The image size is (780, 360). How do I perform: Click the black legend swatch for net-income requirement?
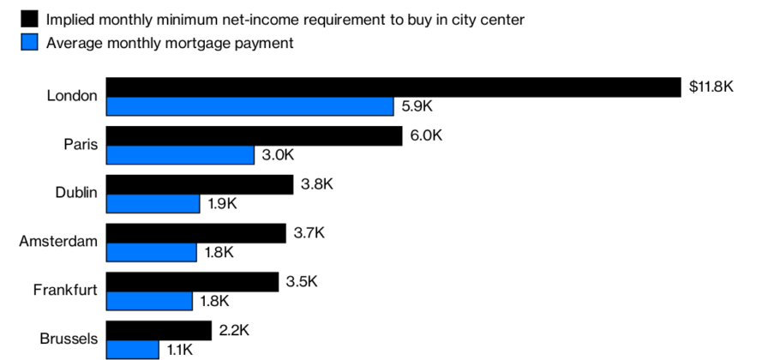[x=29, y=19]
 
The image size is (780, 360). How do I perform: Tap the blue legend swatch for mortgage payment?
[x=29, y=42]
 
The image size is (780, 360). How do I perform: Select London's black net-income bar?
[x=393, y=87]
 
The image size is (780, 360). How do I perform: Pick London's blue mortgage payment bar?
[x=249, y=106]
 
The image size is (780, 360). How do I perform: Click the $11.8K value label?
[x=711, y=87]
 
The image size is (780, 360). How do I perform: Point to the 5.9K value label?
[x=417, y=106]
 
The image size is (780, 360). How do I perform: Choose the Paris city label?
[x=81, y=144]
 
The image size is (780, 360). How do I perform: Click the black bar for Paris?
[x=255, y=135]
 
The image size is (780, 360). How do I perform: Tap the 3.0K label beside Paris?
[x=278, y=154]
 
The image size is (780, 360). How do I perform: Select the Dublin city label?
[x=76, y=193]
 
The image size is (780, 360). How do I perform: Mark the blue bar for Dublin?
[x=153, y=204]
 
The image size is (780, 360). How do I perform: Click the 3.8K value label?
[x=317, y=184]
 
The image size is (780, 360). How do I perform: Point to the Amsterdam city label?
[x=58, y=241]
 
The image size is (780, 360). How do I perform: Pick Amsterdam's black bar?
[x=196, y=233]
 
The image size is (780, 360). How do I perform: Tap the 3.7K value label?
[x=309, y=232]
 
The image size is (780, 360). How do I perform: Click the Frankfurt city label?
[x=65, y=290]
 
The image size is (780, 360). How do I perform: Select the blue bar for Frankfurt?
[x=149, y=302]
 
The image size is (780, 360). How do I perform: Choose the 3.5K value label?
[x=302, y=281]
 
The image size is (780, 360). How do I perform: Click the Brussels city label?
[x=69, y=339]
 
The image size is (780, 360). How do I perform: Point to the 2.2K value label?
[x=234, y=330]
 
